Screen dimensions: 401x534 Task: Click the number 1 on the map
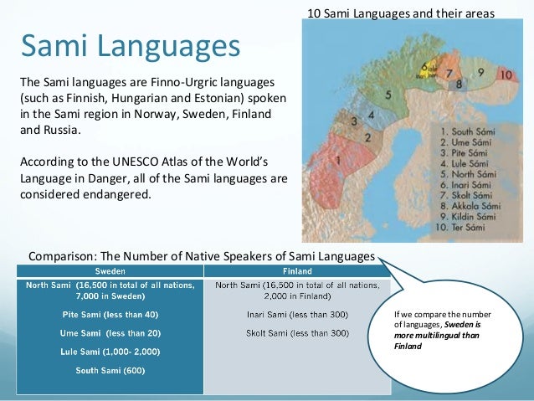(x=337, y=159)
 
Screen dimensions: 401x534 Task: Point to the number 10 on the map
(x=505, y=75)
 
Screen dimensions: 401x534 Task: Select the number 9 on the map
(x=480, y=72)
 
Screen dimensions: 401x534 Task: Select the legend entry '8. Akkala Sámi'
(x=467, y=205)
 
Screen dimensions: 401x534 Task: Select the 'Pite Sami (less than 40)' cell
(x=110, y=315)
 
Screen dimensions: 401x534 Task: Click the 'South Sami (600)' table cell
(x=110, y=370)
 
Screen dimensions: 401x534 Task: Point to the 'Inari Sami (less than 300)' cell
(x=297, y=315)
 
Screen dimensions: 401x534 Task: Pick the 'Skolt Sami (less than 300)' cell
(x=297, y=333)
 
